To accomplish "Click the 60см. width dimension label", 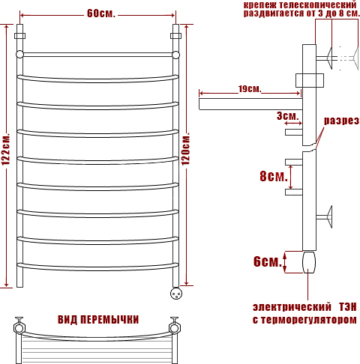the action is [x=101, y=13].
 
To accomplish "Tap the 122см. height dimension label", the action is [x=6, y=149].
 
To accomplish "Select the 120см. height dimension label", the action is [x=185, y=149].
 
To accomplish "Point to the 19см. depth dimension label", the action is [x=249, y=89].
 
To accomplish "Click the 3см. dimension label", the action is [x=288, y=116].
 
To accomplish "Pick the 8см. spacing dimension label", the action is [x=274, y=176].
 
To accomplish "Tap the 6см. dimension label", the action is [x=268, y=261].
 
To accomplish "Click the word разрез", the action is [x=341, y=121].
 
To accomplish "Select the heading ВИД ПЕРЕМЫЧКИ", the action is [x=98, y=320].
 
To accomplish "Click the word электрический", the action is [x=292, y=307].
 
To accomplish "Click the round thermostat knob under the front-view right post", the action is [x=176, y=294].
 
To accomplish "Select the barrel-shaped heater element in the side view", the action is [x=309, y=262].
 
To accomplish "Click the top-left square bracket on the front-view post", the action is [x=19, y=36].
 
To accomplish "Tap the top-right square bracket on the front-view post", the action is [x=176, y=36].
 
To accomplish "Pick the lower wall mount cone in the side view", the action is [x=329, y=216].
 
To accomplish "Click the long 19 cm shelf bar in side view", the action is [x=250, y=104].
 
